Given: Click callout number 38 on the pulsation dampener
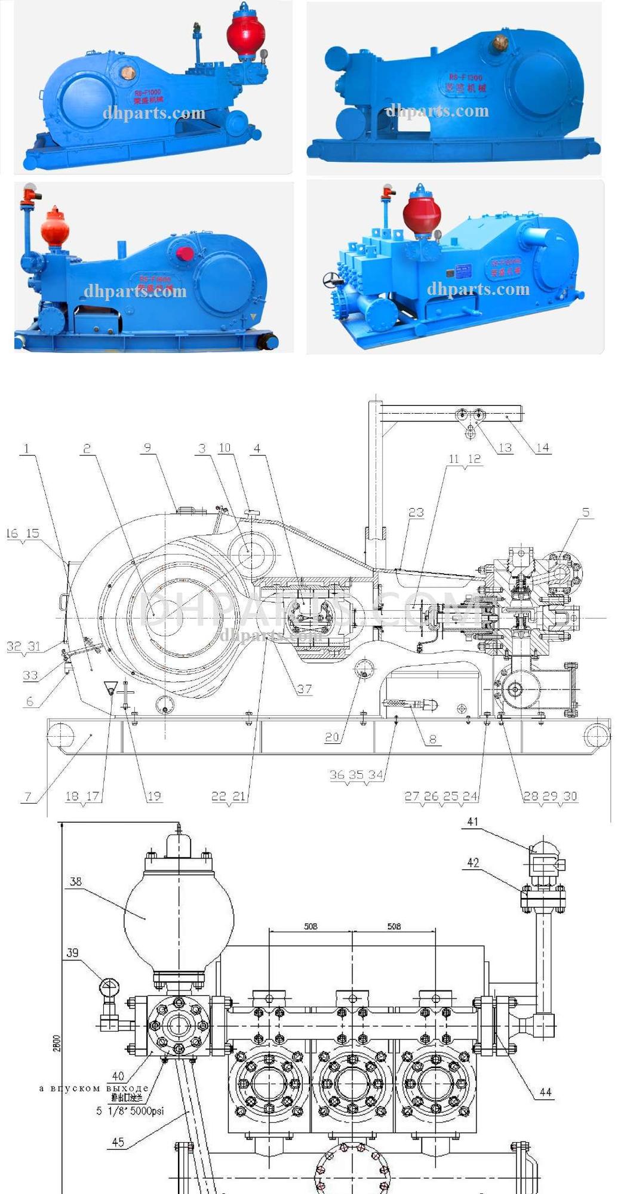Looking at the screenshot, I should [x=76, y=881].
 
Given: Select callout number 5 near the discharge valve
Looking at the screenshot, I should [x=586, y=512].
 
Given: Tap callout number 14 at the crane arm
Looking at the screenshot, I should [x=542, y=448].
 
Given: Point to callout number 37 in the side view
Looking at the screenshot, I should [x=305, y=689].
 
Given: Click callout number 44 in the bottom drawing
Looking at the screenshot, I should [x=545, y=1092].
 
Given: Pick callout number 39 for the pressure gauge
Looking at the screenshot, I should [x=72, y=953].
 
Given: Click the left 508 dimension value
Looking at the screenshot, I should [x=310, y=927].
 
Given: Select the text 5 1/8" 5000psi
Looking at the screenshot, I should [x=130, y=1111].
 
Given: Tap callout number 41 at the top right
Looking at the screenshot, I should [x=473, y=822].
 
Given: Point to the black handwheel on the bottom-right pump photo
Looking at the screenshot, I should [x=330, y=279].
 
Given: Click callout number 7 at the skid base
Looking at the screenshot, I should [x=27, y=796].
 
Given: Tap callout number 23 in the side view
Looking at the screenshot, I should [x=416, y=512].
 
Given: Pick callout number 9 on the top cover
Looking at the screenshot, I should [x=147, y=448].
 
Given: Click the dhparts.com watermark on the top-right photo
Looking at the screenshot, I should [x=437, y=111].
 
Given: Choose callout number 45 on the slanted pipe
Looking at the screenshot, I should [x=118, y=1141].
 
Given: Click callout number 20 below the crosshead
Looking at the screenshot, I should [x=332, y=737].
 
